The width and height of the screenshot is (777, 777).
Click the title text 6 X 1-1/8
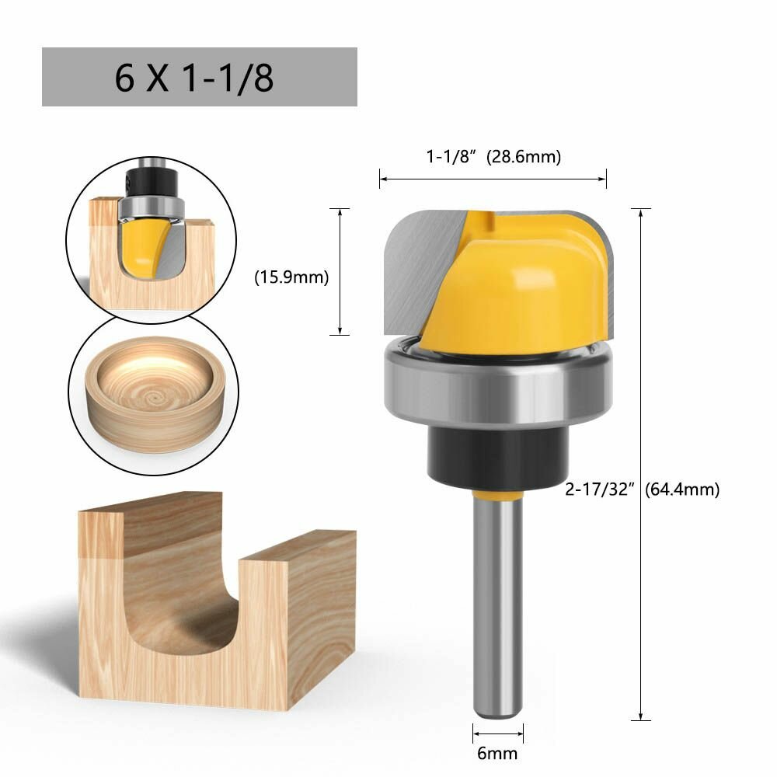pos(193,78)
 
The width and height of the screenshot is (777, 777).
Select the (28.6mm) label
pos(524,157)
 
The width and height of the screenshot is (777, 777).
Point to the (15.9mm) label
pos(291,277)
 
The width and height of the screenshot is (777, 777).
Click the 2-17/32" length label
pos(600,490)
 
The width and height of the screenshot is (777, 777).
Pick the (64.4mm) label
pos(682,490)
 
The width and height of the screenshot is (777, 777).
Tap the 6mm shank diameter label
pos(497,753)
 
